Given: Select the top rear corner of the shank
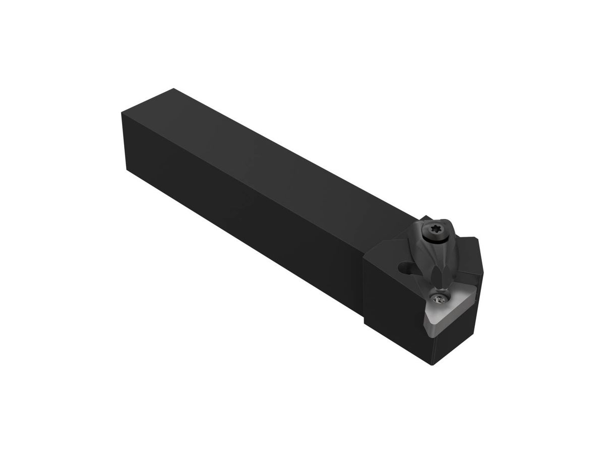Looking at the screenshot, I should point(174,89).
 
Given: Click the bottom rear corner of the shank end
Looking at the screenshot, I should point(126,168).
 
